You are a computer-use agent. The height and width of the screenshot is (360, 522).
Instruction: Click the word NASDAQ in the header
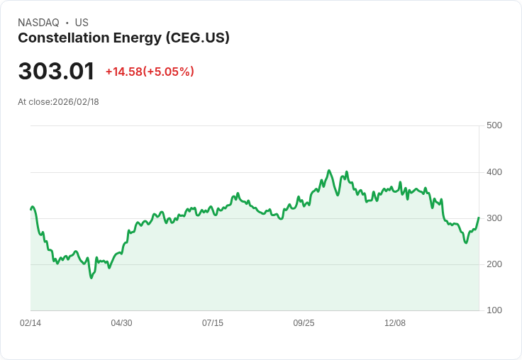click(38, 23)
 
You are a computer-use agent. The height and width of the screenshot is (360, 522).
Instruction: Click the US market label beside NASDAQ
click(82, 23)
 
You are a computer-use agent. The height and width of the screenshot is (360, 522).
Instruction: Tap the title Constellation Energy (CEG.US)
click(123, 38)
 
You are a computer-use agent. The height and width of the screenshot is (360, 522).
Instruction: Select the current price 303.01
click(56, 72)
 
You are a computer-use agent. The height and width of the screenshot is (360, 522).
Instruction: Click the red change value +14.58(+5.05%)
click(150, 72)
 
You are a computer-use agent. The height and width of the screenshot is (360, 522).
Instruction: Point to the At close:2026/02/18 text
click(58, 102)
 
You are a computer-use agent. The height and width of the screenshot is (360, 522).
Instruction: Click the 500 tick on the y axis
click(494, 125)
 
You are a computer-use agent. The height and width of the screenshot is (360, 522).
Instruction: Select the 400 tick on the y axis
click(494, 172)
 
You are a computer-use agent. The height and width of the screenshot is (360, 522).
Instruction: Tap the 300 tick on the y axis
click(494, 218)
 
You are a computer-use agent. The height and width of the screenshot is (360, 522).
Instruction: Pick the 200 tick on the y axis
click(494, 264)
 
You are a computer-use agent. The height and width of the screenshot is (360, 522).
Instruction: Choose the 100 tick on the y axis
click(494, 310)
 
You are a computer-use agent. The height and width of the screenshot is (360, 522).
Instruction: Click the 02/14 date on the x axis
click(30, 323)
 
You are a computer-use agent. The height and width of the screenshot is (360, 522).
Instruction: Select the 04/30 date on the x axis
click(121, 323)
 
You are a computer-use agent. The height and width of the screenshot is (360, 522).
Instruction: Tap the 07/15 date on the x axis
click(213, 323)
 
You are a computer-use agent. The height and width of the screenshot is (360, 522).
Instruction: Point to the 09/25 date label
click(304, 323)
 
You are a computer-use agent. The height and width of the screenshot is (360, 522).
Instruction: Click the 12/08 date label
click(395, 323)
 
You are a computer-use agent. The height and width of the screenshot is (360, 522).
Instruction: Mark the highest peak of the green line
click(329, 170)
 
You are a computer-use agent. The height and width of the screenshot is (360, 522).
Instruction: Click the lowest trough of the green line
click(91, 278)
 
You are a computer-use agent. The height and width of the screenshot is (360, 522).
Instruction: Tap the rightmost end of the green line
click(479, 218)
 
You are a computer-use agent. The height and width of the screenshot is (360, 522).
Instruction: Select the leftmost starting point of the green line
click(30, 209)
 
